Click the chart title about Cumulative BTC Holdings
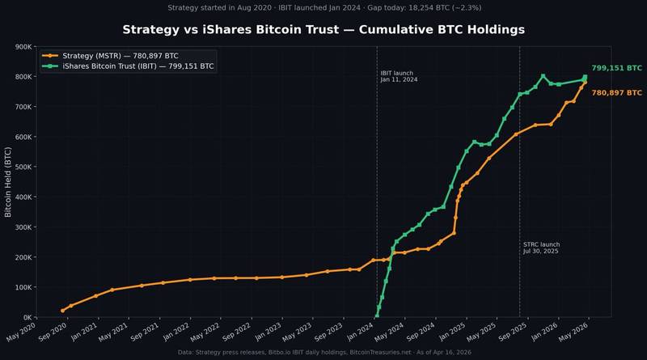pyautogui.click(x=323, y=30)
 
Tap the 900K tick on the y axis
pyautogui.click(x=23, y=47)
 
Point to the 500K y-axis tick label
pyautogui.click(x=23, y=167)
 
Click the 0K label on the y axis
pyautogui.click(x=27, y=317)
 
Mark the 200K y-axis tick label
pyautogui.click(x=23, y=257)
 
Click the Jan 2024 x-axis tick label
pyautogui.click(x=360, y=332)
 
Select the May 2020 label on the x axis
pyautogui.click(x=21, y=332)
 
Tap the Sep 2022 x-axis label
pyautogui.click(x=237, y=332)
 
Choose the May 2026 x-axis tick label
pyautogui.click(x=573, y=332)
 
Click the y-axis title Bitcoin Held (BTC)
pyautogui.click(x=8, y=182)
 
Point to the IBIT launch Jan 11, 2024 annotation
pyautogui.click(x=399, y=76)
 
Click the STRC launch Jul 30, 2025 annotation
pyautogui.click(x=541, y=248)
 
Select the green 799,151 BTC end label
pyautogui.click(x=617, y=68)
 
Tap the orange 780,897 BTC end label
pyautogui.click(x=617, y=93)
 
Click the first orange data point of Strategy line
pyautogui.click(x=63, y=311)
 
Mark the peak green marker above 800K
pyautogui.click(x=543, y=76)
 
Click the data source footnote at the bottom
pyautogui.click(x=324, y=352)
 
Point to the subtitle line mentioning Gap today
pyautogui.click(x=324, y=7)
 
